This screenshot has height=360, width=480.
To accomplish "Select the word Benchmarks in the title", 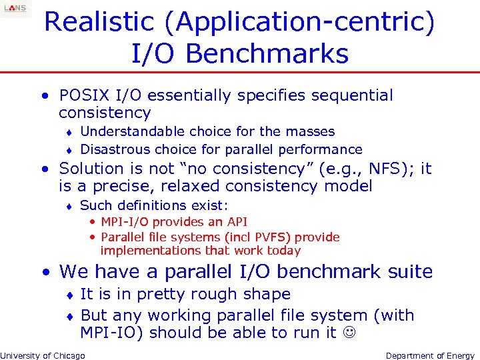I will pyautogui.click(x=267, y=53).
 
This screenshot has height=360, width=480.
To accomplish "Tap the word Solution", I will pyautogui.click(x=91, y=169).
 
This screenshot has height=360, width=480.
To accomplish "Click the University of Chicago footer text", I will pyautogui.click(x=43, y=355).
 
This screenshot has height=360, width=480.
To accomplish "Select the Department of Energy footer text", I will pyautogui.click(x=430, y=355).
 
